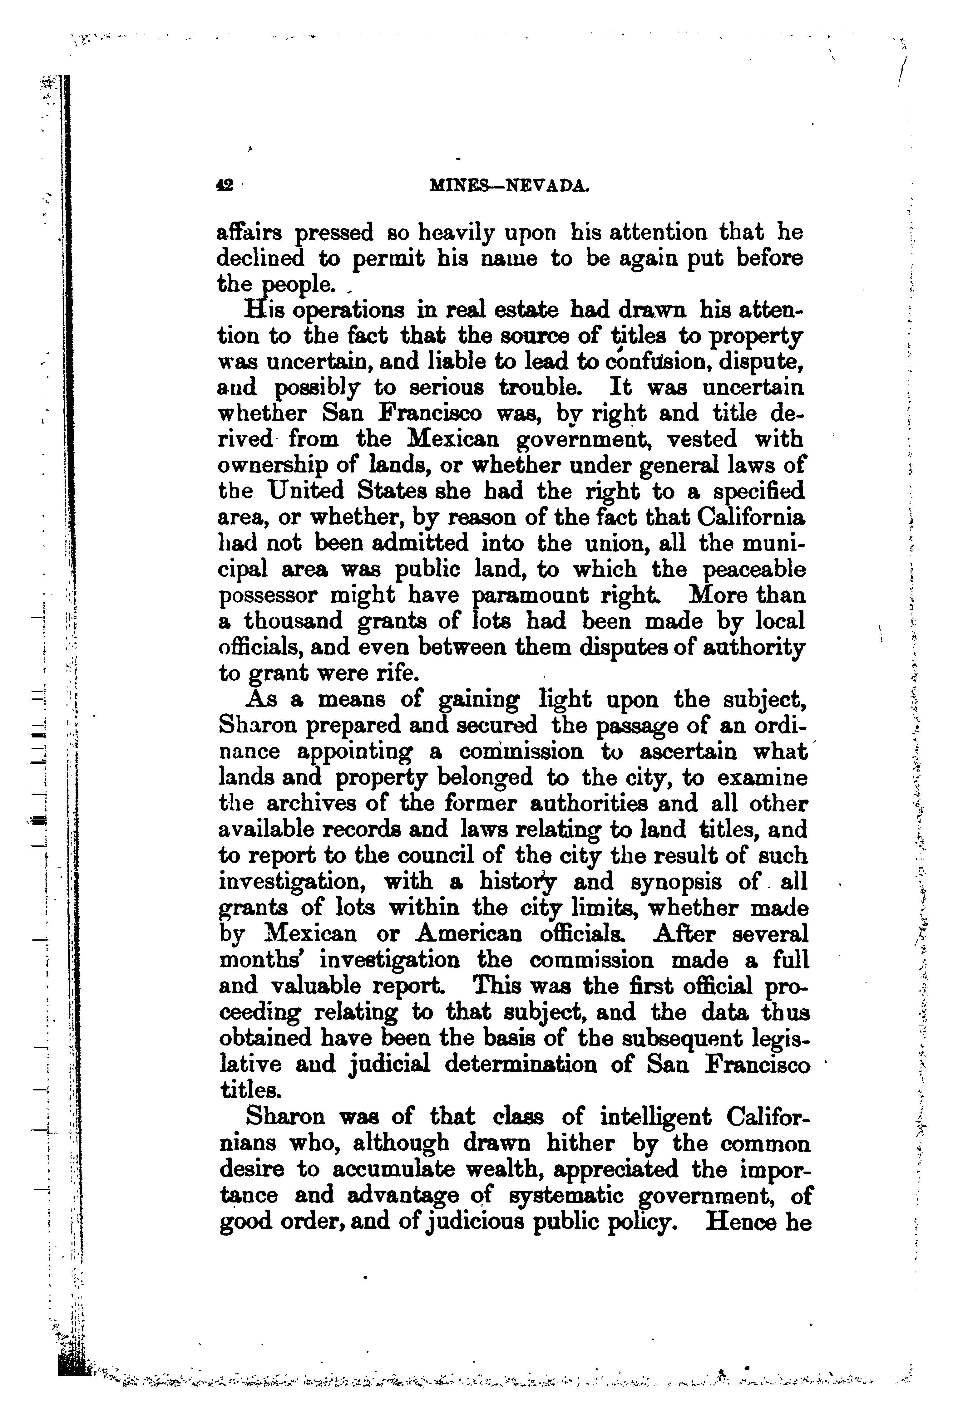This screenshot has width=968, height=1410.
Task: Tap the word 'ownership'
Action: pyautogui.click(x=269, y=466)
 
